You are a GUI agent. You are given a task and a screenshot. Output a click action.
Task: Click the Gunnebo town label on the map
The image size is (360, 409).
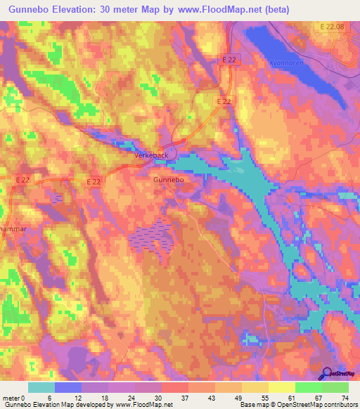coord(168,181)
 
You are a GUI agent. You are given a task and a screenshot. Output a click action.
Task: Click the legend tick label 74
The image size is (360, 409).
coord(344,397)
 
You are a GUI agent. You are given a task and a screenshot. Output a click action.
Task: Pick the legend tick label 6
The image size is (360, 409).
coord(49,397)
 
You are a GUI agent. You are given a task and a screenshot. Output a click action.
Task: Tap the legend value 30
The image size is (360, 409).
coord(163,397)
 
